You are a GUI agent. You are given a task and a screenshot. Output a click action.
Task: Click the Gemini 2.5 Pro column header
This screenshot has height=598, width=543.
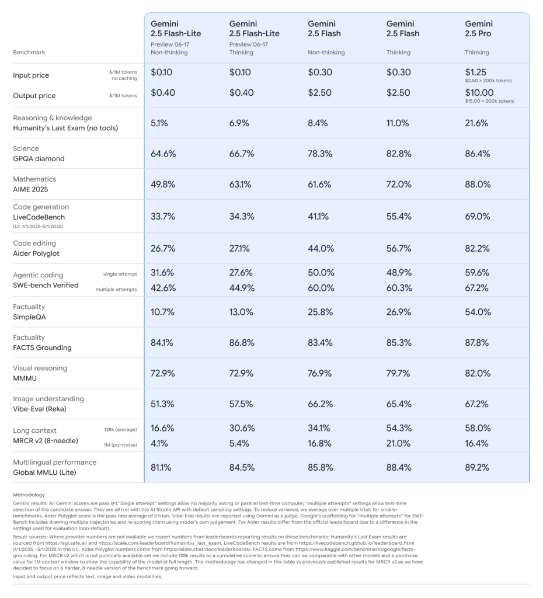tap(479, 29)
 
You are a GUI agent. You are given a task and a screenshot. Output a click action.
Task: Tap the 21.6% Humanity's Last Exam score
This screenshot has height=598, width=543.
tap(476, 123)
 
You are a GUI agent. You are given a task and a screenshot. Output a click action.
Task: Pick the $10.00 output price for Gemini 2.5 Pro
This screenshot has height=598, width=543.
tap(479, 92)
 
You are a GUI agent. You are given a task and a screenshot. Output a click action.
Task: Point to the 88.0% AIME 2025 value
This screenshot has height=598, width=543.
tap(477, 184)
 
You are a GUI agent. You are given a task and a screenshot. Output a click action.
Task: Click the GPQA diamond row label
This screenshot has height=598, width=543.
tap(39, 159)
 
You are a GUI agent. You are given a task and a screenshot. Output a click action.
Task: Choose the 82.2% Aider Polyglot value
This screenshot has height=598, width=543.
tap(476, 248)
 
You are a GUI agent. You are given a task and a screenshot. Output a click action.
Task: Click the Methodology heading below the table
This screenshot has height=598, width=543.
tap(29, 495)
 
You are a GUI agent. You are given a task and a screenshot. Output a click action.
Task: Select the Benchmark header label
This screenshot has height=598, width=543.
tap(29, 53)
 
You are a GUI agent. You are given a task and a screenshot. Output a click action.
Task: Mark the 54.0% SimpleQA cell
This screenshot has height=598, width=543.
tap(476, 312)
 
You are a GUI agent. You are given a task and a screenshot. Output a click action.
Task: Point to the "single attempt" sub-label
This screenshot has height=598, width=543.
tap(120, 274)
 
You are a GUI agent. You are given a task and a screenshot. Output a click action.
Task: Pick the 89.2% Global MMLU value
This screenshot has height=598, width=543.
tap(476, 467)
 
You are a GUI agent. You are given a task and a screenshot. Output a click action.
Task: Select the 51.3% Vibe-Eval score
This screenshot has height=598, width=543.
tap(162, 404)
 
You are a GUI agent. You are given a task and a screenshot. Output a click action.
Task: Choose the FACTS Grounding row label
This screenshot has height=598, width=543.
tap(42, 348)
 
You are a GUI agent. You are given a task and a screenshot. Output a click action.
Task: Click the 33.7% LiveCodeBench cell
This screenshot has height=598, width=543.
tap(162, 216)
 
